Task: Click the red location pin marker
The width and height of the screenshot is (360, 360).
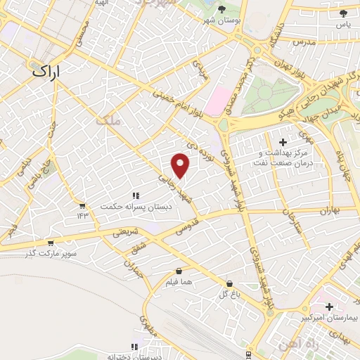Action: [x=181, y=166]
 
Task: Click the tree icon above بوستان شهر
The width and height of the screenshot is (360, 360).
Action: [x=222, y=9]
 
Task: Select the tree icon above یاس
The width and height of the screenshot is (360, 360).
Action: [x=343, y=13]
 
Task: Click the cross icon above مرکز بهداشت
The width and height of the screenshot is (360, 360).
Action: [x=283, y=142]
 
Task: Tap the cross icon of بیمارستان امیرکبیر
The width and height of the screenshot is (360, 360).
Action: [x=330, y=307]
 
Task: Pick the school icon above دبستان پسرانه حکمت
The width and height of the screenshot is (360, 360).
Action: [x=135, y=195]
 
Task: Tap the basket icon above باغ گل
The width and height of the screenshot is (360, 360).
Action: [x=229, y=283]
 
